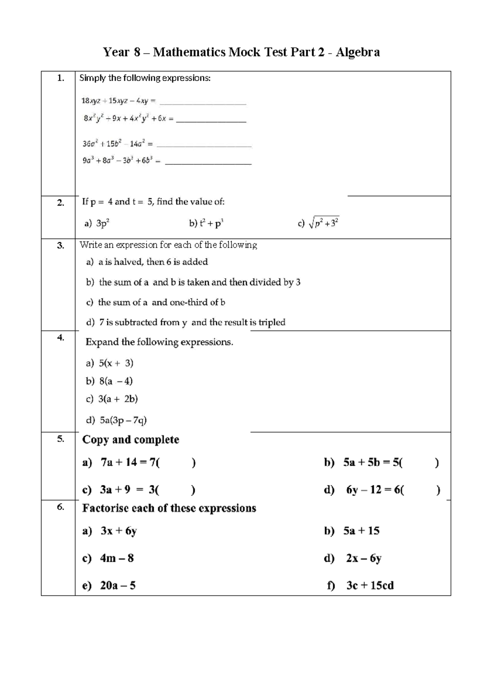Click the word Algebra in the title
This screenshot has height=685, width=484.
coord(357,53)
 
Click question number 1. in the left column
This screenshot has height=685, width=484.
coord(60,78)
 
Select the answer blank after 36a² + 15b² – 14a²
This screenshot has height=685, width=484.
coord(204,145)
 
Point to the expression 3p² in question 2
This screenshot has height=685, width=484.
coord(103,223)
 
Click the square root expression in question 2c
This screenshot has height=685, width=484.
coord(323,223)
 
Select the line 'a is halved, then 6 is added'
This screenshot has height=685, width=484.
coord(153,262)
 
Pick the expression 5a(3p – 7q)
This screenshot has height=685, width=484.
coord(123,420)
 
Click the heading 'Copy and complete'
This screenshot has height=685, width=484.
coord(131,439)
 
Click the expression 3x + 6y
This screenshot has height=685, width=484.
coord(119,531)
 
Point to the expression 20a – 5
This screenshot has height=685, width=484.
coord(118,585)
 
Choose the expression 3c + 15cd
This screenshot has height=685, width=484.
coord(370,585)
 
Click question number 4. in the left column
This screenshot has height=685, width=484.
coord(60,338)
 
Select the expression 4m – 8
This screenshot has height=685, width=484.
coord(117,558)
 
